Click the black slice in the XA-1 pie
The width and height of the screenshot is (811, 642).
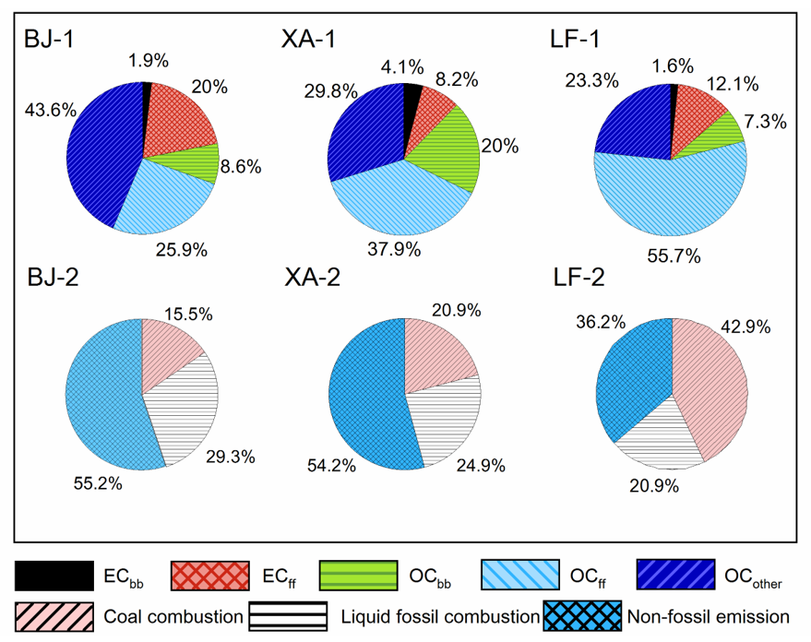tap(411, 97)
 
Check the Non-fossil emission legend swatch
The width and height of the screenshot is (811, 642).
tap(582, 615)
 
